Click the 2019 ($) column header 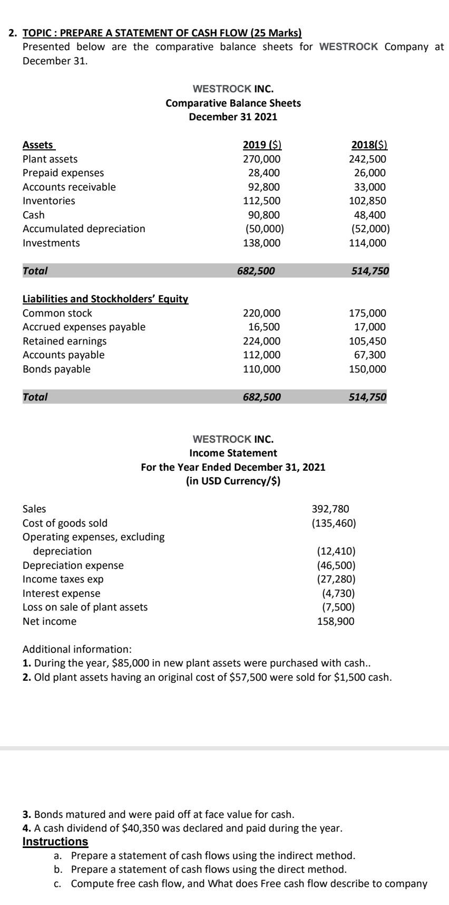[x=262, y=145]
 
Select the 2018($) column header [x=369, y=145]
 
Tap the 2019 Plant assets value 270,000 [x=262, y=159]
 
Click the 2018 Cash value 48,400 [x=369, y=215]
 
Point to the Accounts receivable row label [x=69, y=187]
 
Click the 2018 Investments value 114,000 [x=368, y=243]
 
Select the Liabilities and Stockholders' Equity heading [x=105, y=299]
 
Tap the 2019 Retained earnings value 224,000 [x=262, y=341]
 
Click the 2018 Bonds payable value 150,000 [x=368, y=369]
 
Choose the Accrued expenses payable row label [x=84, y=327]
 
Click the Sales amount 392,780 [x=331, y=509]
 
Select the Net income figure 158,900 [x=336, y=621]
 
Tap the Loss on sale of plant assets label [x=85, y=607]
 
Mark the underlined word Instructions [x=55, y=841]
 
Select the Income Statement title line [x=233, y=453]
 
